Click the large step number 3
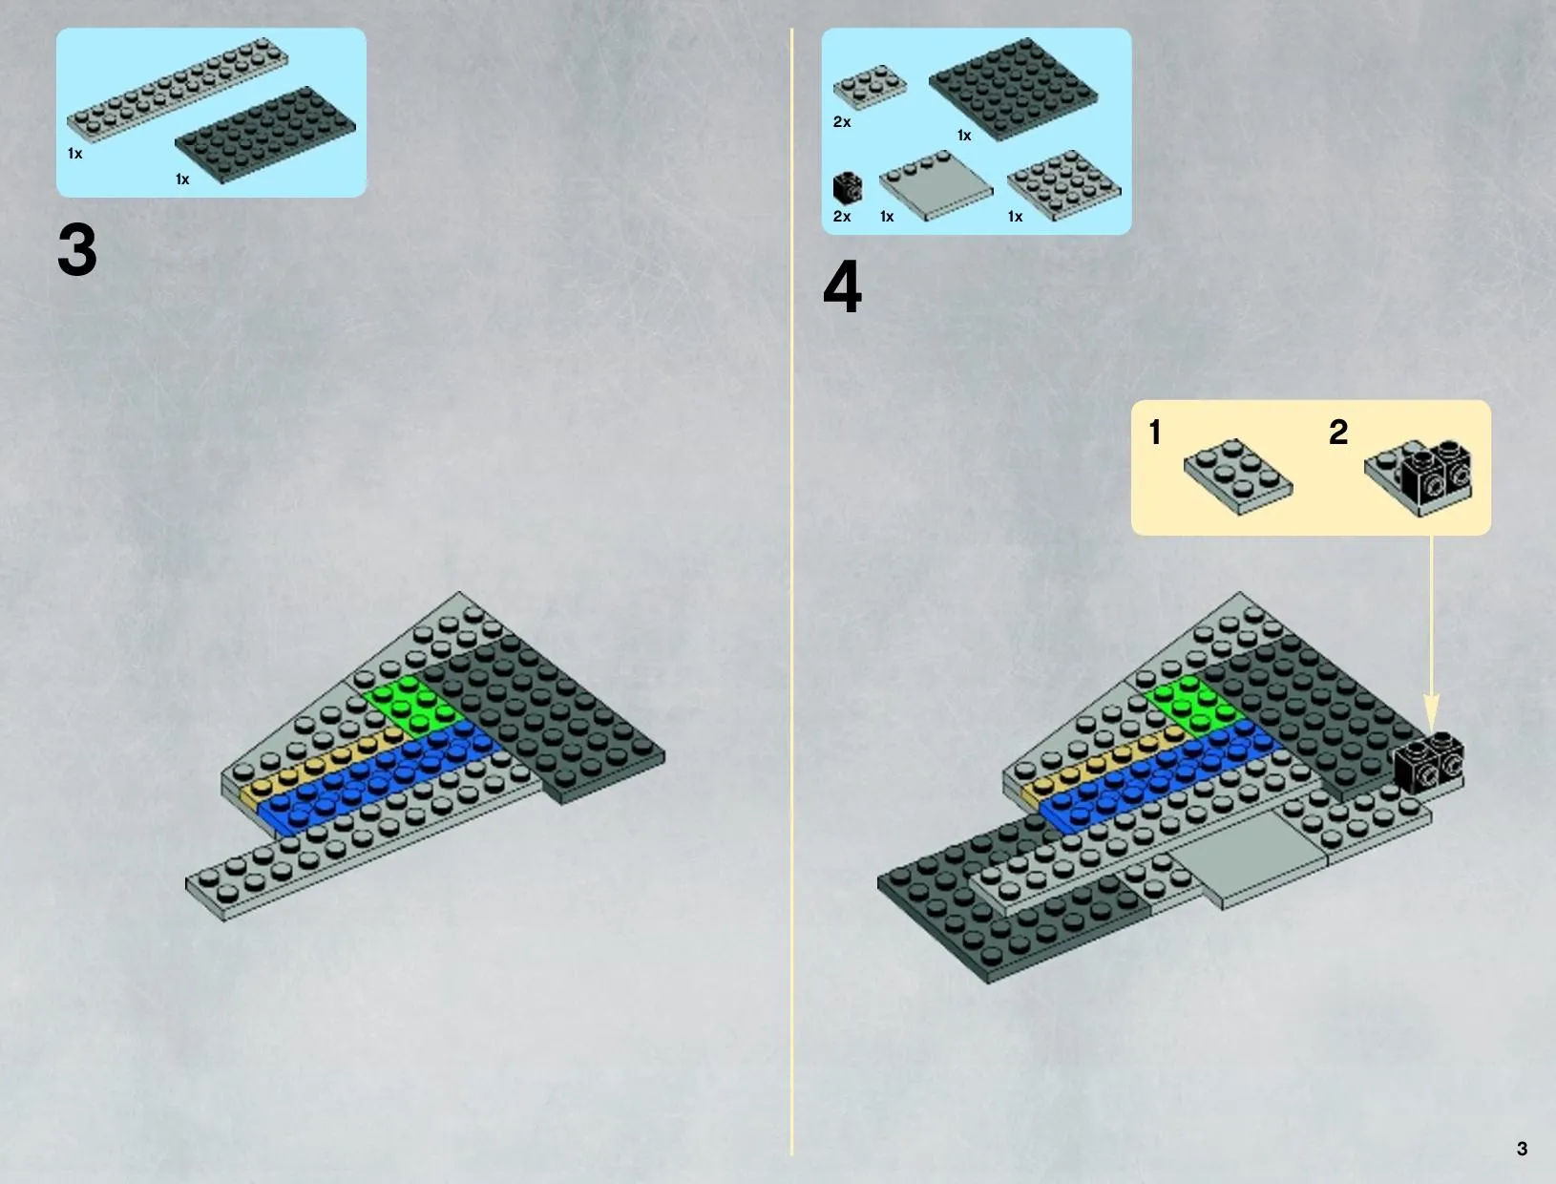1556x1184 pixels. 77,249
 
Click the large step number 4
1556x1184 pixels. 842,286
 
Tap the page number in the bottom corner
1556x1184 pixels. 1522,1149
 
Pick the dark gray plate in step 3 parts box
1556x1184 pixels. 265,135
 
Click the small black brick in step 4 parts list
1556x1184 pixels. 848,188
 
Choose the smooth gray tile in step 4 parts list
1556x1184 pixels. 936,185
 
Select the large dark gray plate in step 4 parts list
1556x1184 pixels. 1013,89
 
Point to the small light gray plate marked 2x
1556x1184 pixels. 870,87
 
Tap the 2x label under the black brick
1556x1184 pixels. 841,216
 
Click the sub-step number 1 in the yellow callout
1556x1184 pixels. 1155,433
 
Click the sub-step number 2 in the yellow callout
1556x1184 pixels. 1338,432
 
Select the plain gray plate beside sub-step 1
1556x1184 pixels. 1238,476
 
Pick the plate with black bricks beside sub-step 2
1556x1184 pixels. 1419,477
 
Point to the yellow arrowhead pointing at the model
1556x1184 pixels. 1431,712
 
